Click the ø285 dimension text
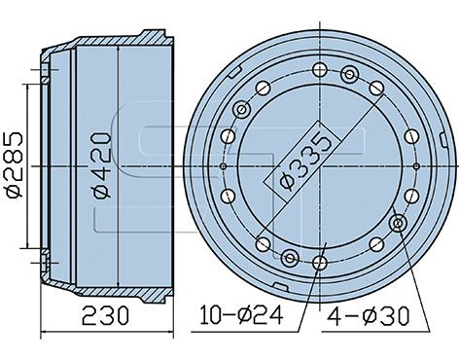[x=15, y=164]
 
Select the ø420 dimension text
[x=102, y=164]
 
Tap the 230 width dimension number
[x=105, y=315]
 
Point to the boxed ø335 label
[x=302, y=162]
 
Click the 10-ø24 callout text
[x=241, y=315]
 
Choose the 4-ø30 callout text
[x=369, y=316]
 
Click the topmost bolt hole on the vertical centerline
[x=320, y=70]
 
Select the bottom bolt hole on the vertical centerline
[x=320, y=263]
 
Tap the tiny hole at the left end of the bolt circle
[x=223, y=166]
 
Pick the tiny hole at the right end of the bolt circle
[x=417, y=166]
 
